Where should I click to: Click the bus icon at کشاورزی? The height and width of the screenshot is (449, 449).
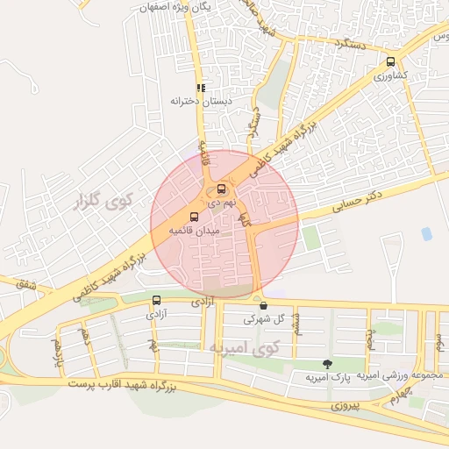[390, 62]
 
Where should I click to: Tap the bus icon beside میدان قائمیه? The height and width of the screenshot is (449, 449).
[194, 217]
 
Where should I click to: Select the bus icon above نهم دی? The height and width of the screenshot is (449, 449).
[220, 189]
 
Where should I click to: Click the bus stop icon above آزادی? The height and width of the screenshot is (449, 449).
[156, 300]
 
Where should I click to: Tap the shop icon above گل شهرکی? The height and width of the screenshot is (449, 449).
[263, 306]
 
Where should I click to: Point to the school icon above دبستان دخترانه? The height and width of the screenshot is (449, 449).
[201, 88]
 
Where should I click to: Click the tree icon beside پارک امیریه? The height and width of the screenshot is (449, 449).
[327, 364]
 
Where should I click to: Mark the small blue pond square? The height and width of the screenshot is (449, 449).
[426, 234]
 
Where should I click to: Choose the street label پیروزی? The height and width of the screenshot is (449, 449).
[346, 407]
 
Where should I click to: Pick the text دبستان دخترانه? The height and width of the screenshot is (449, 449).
[192, 101]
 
